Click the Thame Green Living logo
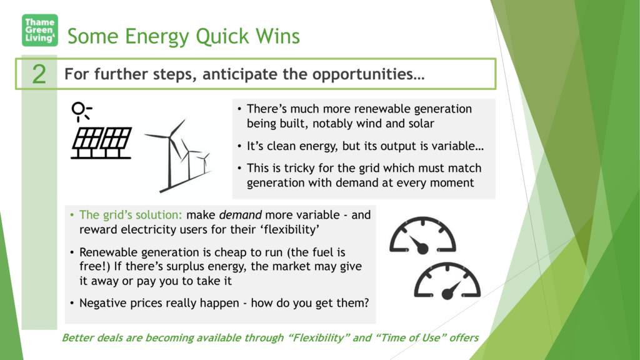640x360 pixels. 40,30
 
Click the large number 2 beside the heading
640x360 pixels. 39,74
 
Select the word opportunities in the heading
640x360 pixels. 369,74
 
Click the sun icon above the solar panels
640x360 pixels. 81,111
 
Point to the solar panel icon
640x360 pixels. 102,143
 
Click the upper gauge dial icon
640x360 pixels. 422,236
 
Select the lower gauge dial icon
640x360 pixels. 447,281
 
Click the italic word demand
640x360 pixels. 241,215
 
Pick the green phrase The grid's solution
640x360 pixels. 131,215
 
